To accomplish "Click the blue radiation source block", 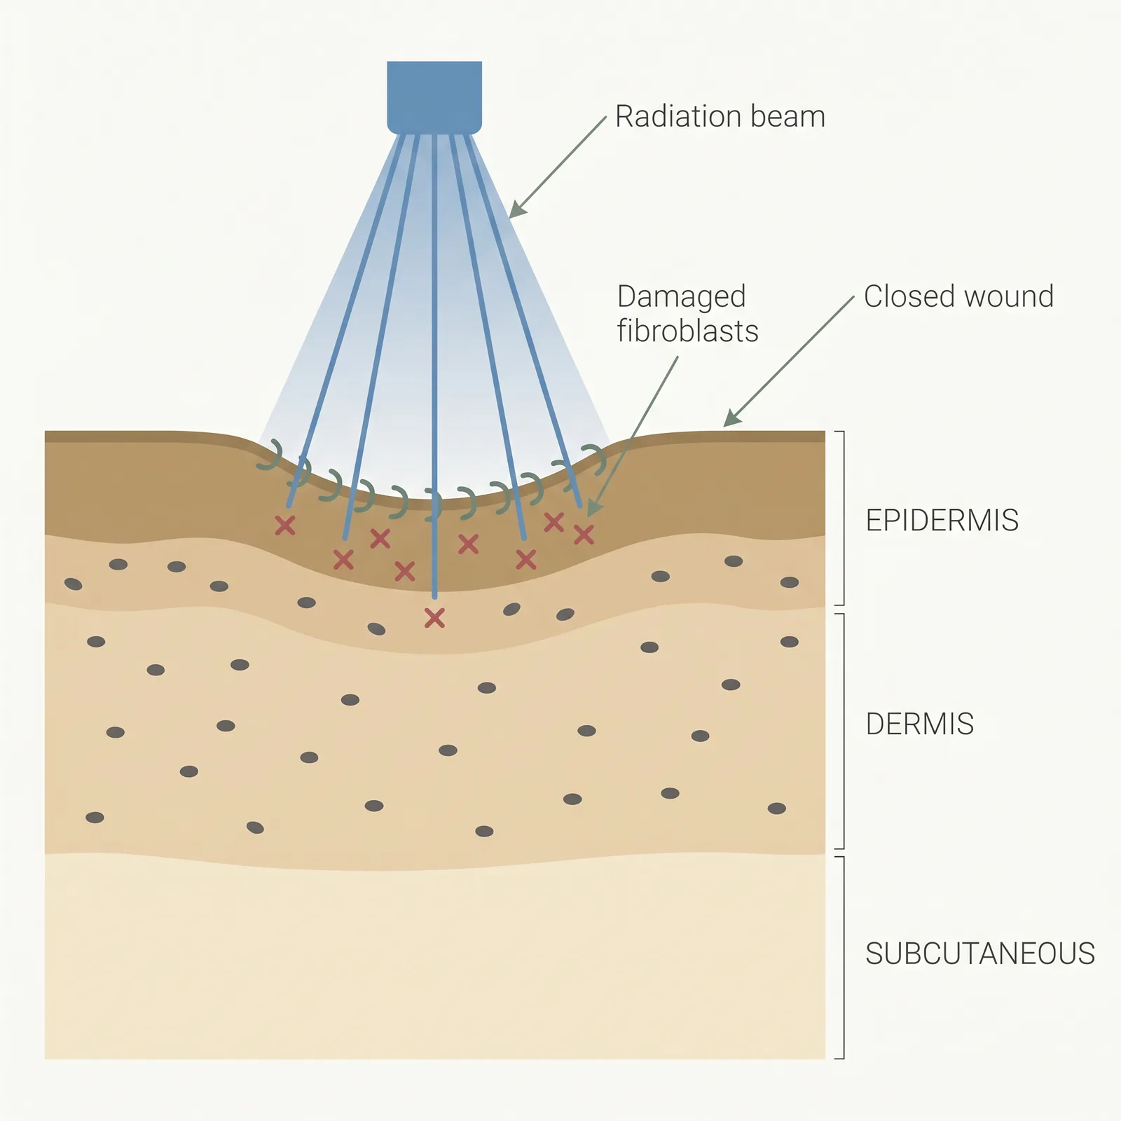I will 434,97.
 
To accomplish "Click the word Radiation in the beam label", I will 670,116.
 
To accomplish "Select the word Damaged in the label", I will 681,297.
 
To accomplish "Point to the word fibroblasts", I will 687,331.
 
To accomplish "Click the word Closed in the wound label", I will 906,296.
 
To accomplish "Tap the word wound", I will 1009,296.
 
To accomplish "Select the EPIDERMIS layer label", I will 942,521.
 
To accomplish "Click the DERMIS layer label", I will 919,724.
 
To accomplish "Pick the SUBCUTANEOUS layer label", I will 979,954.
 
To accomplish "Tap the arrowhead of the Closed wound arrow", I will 731,419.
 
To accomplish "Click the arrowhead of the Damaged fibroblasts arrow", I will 593,509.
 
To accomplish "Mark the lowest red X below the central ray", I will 434,617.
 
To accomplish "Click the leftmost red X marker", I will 284,525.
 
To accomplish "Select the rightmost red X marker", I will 584,535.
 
